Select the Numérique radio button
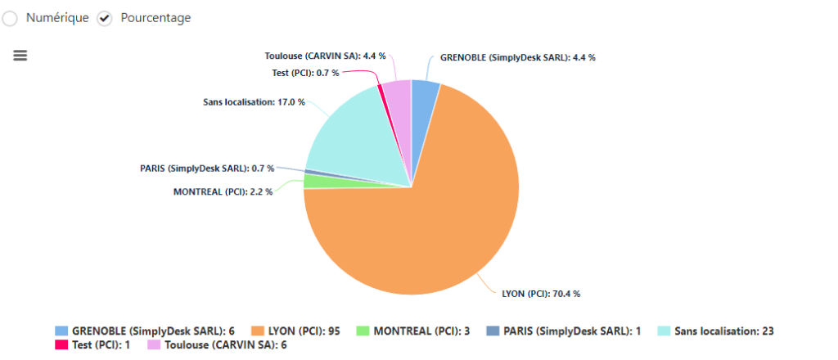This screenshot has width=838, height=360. pos(9,18)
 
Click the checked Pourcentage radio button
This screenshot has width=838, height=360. pos(104,18)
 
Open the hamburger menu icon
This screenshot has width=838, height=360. pos(20,55)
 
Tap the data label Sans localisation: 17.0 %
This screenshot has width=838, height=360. pos(254,102)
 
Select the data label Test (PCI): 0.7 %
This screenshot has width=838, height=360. pos(304,73)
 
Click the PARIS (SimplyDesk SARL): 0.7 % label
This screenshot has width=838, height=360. pos(207,169)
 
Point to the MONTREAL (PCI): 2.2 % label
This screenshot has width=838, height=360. pos(223,191)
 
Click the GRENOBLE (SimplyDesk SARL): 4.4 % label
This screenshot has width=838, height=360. pos(518,57)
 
